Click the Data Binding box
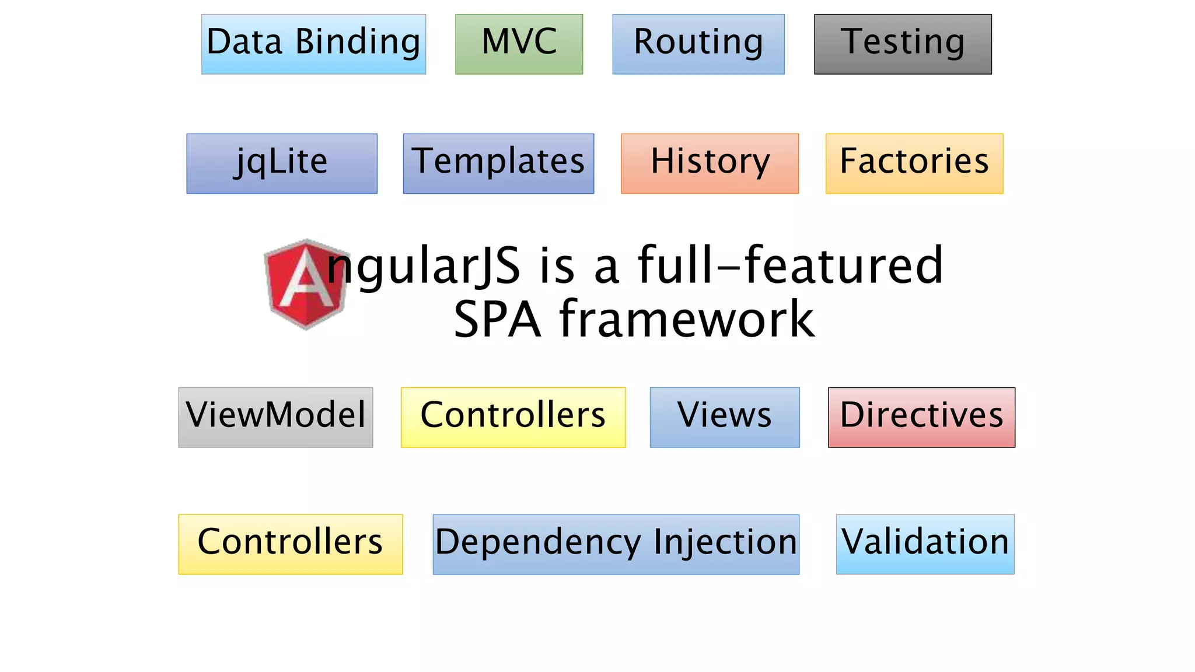click(x=313, y=44)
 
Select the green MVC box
click(x=519, y=44)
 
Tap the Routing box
click(x=698, y=44)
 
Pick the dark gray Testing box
click(x=903, y=44)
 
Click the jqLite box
click(x=282, y=163)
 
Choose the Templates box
click(x=498, y=163)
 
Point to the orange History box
click(x=710, y=163)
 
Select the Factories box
click(x=914, y=163)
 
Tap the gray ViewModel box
click(x=275, y=417)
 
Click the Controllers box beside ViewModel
click(x=513, y=417)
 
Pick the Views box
click(x=725, y=417)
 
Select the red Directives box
click(x=921, y=417)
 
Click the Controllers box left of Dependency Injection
click(x=290, y=544)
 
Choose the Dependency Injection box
click(x=616, y=544)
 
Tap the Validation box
click(x=925, y=544)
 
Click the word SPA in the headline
click(x=497, y=320)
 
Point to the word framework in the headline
click(x=687, y=320)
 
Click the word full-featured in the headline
click(x=790, y=266)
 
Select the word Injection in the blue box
click(x=725, y=542)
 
